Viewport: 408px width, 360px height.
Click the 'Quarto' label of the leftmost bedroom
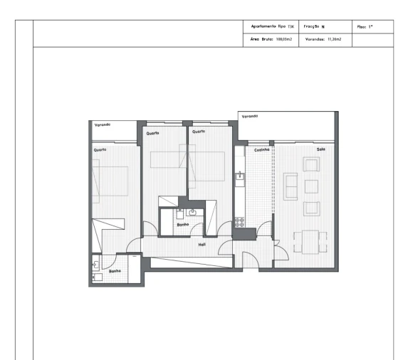coord(99,150)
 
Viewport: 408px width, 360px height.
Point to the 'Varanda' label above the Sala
coord(249,116)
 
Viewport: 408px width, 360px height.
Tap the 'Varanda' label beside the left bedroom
coord(102,125)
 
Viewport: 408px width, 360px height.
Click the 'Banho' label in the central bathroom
coord(183,224)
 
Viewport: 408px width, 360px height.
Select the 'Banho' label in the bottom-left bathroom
coord(115,271)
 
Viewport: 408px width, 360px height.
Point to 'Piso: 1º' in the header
coord(366,27)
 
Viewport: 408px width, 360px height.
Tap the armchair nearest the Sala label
coord(311,165)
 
